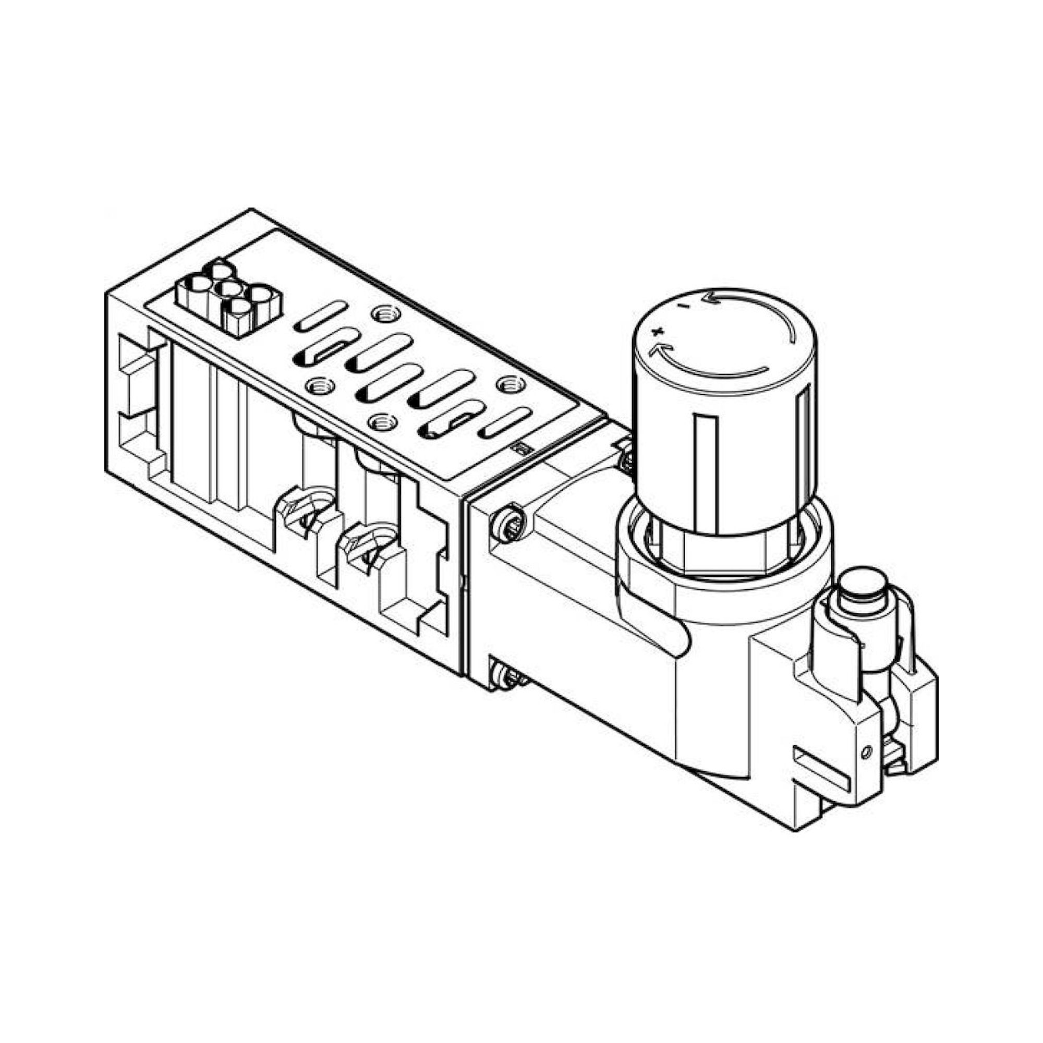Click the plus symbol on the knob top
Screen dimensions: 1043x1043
coord(657,331)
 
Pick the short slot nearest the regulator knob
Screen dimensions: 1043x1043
coord(504,423)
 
